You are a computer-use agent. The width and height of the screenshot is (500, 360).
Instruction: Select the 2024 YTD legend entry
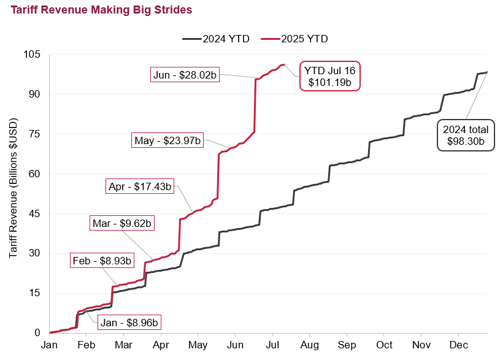pyautogui.click(x=215, y=39)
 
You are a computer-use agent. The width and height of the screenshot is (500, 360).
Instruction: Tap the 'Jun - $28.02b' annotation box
pyautogui.click(x=185, y=75)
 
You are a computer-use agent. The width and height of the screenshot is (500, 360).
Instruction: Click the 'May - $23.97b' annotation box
pyautogui.click(x=167, y=140)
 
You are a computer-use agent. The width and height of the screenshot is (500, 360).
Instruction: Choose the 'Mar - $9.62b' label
pyautogui.click(x=122, y=223)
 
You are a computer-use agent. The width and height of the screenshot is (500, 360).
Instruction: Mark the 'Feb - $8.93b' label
pyautogui.click(x=102, y=261)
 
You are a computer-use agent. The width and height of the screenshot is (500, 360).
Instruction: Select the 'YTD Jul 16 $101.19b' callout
pyautogui.click(x=329, y=76)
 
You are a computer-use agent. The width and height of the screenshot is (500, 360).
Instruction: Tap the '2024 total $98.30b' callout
pyautogui.click(x=465, y=136)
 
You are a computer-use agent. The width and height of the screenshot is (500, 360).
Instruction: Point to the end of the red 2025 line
pyautogui.click(x=283, y=64)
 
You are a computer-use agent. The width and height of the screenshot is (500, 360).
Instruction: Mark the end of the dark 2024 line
pyautogui.click(x=487, y=72)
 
